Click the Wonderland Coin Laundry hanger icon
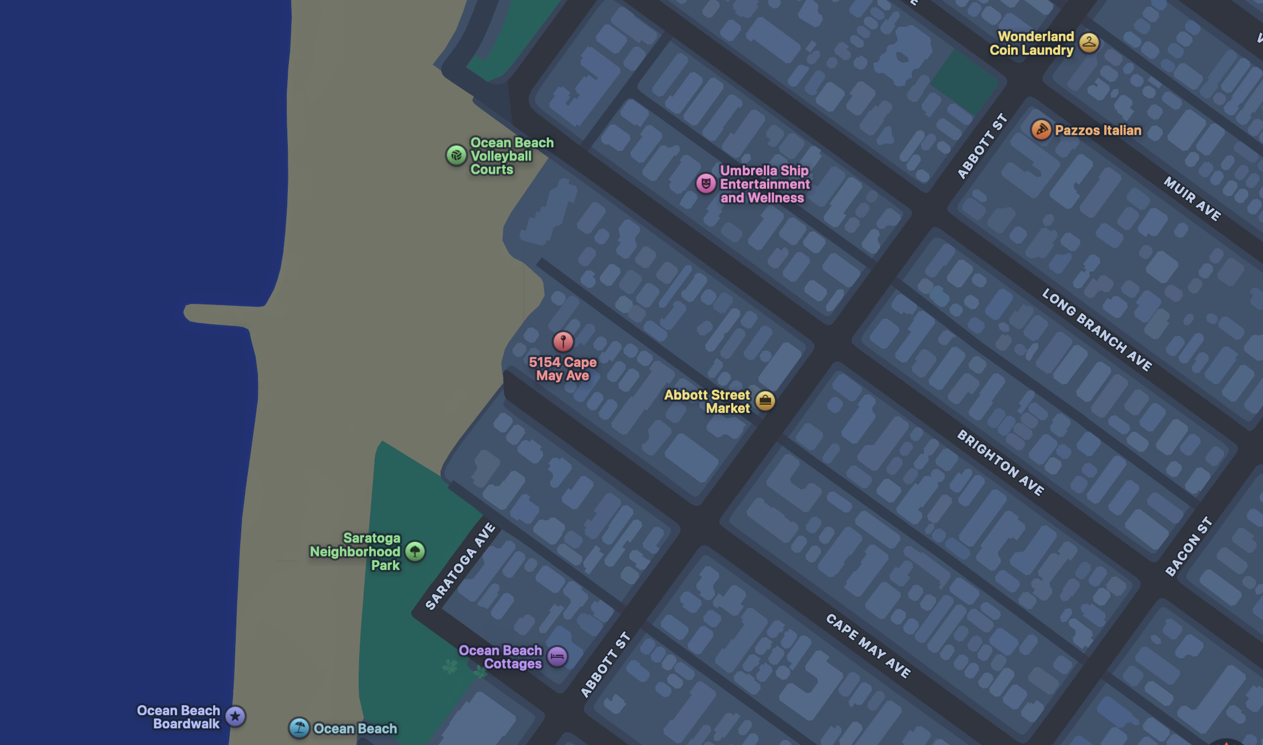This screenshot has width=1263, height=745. pyautogui.click(x=1089, y=43)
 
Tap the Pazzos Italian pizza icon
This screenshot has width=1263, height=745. pyautogui.click(x=1041, y=130)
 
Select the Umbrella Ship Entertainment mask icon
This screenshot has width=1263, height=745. pyautogui.click(x=706, y=183)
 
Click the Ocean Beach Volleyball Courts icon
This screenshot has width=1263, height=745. pyautogui.click(x=456, y=156)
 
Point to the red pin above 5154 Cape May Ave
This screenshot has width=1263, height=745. pyautogui.click(x=563, y=342)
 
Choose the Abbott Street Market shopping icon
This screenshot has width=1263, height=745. pyautogui.click(x=765, y=401)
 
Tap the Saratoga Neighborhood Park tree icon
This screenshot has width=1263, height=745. pyautogui.click(x=415, y=551)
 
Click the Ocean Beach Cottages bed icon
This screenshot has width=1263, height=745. pyautogui.click(x=557, y=657)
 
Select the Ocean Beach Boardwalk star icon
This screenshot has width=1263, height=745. pyautogui.click(x=235, y=716)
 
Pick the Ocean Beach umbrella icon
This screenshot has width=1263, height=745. pyautogui.click(x=299, y=728)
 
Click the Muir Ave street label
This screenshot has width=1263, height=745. pyautogui.click(x=1192, y=199)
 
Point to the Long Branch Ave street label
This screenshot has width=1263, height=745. pyautogui.click(x=1097, y=329)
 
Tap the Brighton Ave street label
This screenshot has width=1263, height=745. pyautogui.click(x=1001, y=463)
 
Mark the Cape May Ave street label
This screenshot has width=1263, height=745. pyautogui.click(x=868, y=645)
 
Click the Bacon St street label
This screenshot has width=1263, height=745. pyautogui.click(x=1188, y=546)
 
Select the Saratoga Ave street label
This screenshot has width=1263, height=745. pyautogui.click(x=460, y=566)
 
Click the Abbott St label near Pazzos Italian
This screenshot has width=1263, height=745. pyautogui.click(x=982, y=146)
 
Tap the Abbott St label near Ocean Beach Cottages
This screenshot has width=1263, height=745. pyautogui.click(x=605, y=664)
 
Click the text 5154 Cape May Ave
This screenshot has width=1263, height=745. pyautogui.click(x=562, y=369)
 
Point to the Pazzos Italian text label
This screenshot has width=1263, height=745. pyautogui.click(x=1098, y=131)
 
